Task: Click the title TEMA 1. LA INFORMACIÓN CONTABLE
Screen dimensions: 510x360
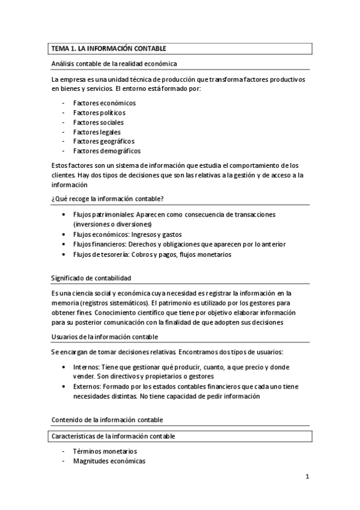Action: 109,48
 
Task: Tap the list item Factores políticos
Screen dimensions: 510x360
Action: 99,112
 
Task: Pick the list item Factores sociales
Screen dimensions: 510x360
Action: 98,122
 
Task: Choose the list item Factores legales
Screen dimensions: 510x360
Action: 97,132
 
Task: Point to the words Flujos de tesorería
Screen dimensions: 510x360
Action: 101,254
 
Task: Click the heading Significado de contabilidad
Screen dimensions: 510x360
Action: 91,278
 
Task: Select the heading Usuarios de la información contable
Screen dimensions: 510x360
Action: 105,337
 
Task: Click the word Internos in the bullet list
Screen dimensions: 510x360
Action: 86,366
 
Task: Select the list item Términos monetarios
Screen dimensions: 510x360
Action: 105,451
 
